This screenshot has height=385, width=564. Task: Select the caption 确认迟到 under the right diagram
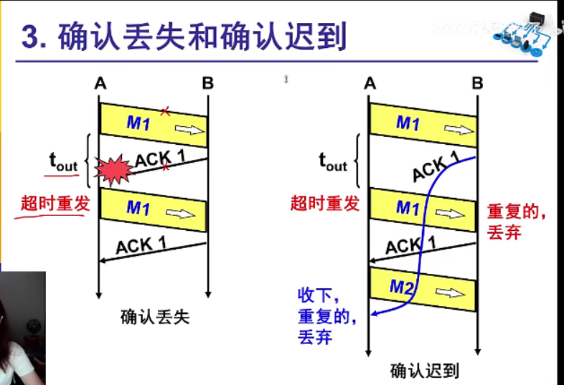pos(424,371)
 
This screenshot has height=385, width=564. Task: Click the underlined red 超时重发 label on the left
pos(55,204)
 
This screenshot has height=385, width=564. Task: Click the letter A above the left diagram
pos(100,84)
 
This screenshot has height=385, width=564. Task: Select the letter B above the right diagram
pos(477,84)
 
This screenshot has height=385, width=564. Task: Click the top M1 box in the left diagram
pos(153,123)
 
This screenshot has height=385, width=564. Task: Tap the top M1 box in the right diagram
pos(423,123)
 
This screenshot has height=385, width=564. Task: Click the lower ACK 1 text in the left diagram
pos(141,244)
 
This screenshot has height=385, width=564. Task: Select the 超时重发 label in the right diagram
pos(324,204)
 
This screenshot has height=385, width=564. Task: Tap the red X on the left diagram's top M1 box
pos(165,111)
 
